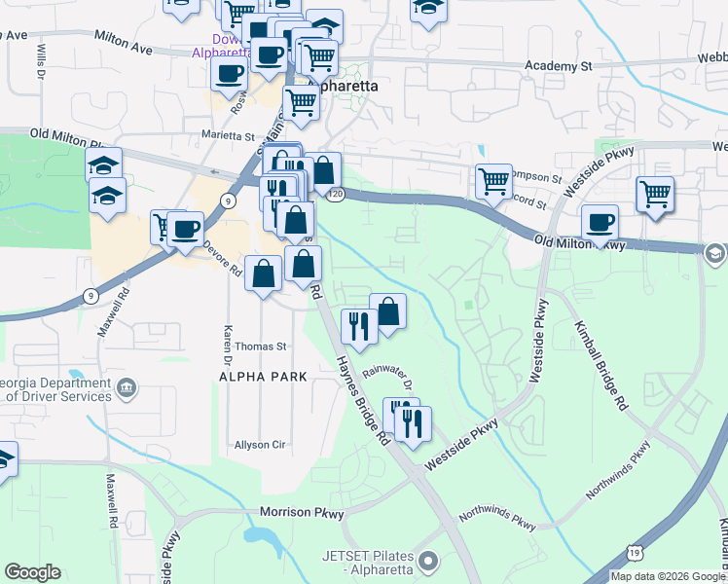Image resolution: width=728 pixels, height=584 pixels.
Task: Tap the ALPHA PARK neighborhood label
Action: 263,376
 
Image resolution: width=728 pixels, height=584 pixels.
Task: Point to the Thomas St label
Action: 261,346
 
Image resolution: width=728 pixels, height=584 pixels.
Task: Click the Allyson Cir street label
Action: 258,445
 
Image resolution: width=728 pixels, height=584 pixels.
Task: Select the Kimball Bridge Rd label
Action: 598,366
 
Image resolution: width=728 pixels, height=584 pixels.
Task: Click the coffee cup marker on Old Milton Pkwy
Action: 601,222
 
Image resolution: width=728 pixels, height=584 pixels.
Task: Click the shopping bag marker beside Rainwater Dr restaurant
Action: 387,312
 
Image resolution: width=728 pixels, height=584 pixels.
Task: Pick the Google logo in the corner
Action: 32,572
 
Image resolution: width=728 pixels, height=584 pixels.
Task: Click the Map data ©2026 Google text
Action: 667,576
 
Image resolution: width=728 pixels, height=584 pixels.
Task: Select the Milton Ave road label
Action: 124,41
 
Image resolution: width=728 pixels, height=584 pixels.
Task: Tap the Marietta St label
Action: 227,137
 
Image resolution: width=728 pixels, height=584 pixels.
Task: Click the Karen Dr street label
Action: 227,340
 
